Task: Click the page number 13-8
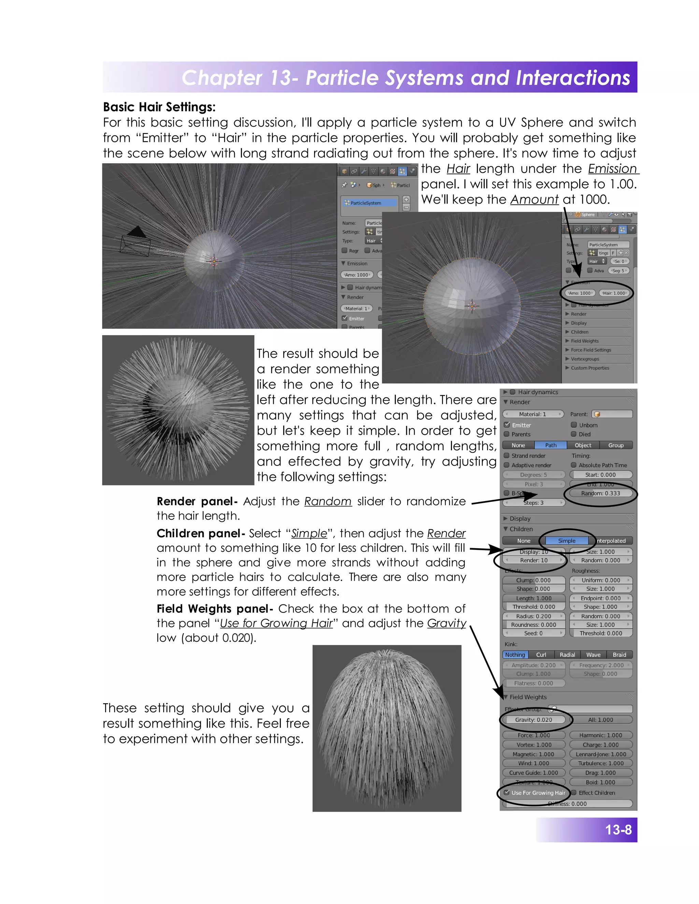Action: [618, 830]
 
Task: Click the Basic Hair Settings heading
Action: [159, 107]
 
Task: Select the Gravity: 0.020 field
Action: [533, 720]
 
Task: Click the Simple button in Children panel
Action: [567, 541]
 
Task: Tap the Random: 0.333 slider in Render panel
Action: [600, 493]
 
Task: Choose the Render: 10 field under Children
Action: [534, 560]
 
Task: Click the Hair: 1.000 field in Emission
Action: [614, 293]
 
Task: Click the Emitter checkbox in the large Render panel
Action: [507, 425]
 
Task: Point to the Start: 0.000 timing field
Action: [600, 475]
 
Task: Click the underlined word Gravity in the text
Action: [446, 623]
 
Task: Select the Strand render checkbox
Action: [507, 455]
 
